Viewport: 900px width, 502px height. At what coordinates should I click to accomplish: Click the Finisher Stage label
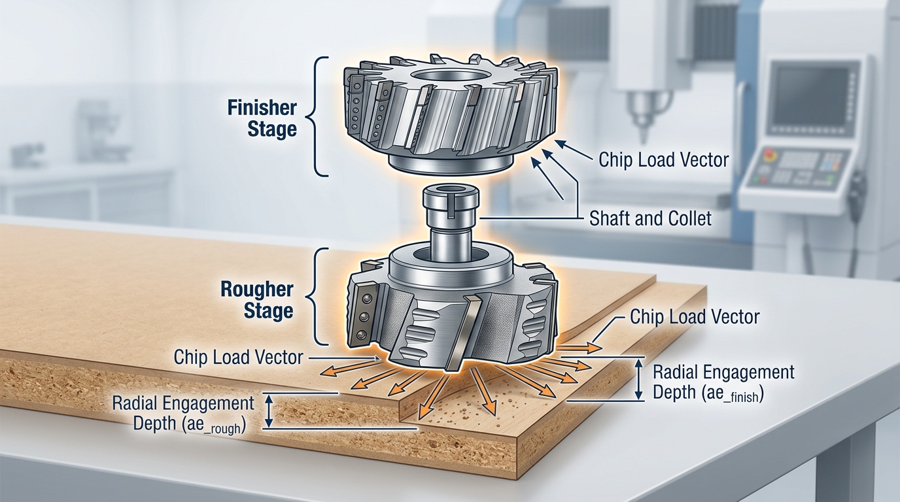262,118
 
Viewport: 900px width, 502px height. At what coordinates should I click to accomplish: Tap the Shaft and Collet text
649,218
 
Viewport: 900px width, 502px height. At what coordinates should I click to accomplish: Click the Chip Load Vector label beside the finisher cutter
663,159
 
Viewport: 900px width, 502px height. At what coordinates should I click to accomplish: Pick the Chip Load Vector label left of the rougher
238,358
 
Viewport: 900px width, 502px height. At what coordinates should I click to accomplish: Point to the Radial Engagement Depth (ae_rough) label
183,412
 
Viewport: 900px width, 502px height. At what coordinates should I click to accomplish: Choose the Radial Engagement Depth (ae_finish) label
723,383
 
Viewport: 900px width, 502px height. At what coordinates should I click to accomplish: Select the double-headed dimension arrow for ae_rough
268,410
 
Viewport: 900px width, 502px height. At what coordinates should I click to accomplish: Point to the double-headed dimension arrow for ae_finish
639,380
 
